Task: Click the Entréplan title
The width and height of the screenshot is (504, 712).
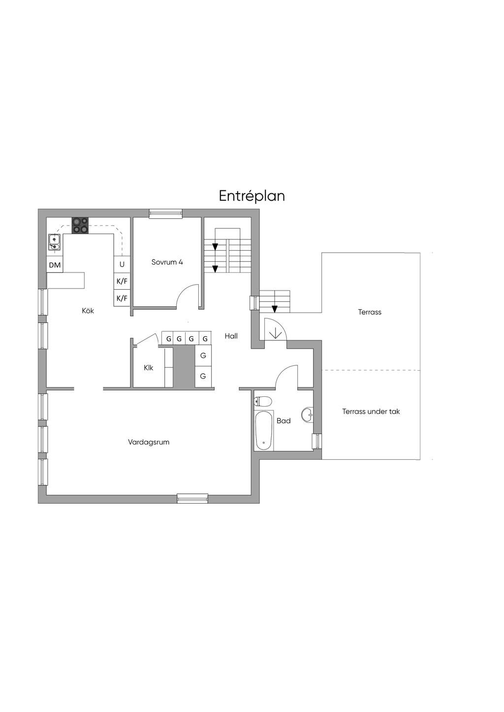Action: coord(252,196)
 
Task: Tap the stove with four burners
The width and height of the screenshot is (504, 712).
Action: coord(80,225)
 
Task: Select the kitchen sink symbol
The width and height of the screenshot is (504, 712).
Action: coord(55,242)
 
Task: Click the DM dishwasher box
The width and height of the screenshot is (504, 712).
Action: coord(55,265)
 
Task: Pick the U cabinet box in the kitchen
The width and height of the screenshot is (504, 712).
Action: coord(122,264)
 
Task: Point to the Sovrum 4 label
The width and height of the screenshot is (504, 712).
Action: coord(167,262)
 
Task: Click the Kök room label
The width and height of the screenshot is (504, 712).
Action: coord(88,311)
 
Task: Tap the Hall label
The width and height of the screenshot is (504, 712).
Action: coord(231,336)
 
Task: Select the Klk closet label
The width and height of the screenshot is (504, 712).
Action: coord(149,368)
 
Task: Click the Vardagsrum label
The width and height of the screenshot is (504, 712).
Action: coord(149,442)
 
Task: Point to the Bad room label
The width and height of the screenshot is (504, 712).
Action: coord(283,421)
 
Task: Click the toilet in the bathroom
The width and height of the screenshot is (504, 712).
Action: coord(262,401)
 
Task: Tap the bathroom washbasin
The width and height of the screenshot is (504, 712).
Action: coord(307,415)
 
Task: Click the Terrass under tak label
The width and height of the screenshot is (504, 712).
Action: coord(371,412)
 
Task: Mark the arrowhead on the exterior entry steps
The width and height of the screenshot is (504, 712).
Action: coord(275,308)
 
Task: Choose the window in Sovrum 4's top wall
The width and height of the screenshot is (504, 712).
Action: coord(166,213)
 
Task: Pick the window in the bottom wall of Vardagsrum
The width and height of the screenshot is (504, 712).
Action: coord(192,499)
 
